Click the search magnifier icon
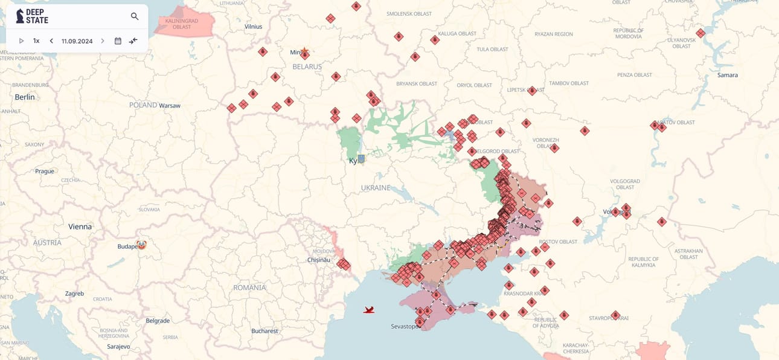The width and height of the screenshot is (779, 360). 135,16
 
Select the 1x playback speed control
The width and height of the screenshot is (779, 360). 36,41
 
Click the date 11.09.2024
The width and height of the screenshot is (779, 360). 77,41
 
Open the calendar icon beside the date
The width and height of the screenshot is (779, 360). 118,41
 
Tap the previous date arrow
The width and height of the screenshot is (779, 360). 51,41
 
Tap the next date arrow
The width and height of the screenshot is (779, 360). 103,41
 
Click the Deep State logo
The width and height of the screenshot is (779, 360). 33,16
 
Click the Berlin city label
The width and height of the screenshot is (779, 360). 25,97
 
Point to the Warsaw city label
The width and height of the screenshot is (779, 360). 170,105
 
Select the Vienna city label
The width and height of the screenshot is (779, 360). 80,227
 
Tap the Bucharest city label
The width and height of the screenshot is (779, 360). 264,331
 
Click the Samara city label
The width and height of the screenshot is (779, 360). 727,75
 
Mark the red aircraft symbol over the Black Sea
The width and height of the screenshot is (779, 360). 369,310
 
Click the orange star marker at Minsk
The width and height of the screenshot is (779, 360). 304,51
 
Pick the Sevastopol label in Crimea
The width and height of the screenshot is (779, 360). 405,327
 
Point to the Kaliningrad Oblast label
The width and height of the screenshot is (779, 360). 173,24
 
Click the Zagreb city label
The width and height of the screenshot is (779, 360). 74,294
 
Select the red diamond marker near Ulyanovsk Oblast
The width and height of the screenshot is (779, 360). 700,33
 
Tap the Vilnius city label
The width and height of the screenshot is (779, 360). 253,27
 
